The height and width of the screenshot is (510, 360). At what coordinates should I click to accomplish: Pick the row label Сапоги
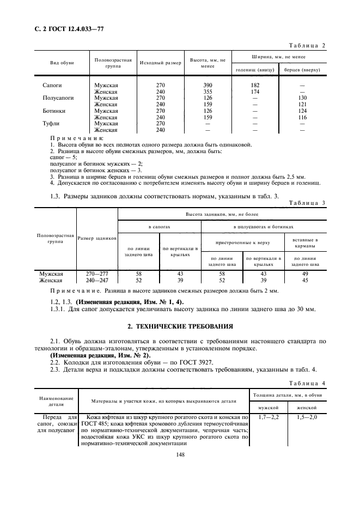coord(52,85)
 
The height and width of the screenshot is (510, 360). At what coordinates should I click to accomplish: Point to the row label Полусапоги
coord(58,98)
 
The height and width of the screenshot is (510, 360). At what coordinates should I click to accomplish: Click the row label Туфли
coord(51,124)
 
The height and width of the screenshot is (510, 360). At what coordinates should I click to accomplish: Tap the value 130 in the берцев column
coord(303,98)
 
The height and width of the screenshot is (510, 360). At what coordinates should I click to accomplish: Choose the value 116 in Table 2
coord(303,117)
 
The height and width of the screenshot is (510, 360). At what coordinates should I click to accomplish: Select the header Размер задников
coord(97,239)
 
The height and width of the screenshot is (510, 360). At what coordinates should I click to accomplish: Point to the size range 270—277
coord(97,274)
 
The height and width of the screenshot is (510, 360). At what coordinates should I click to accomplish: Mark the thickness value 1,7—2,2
coord(269,417)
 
